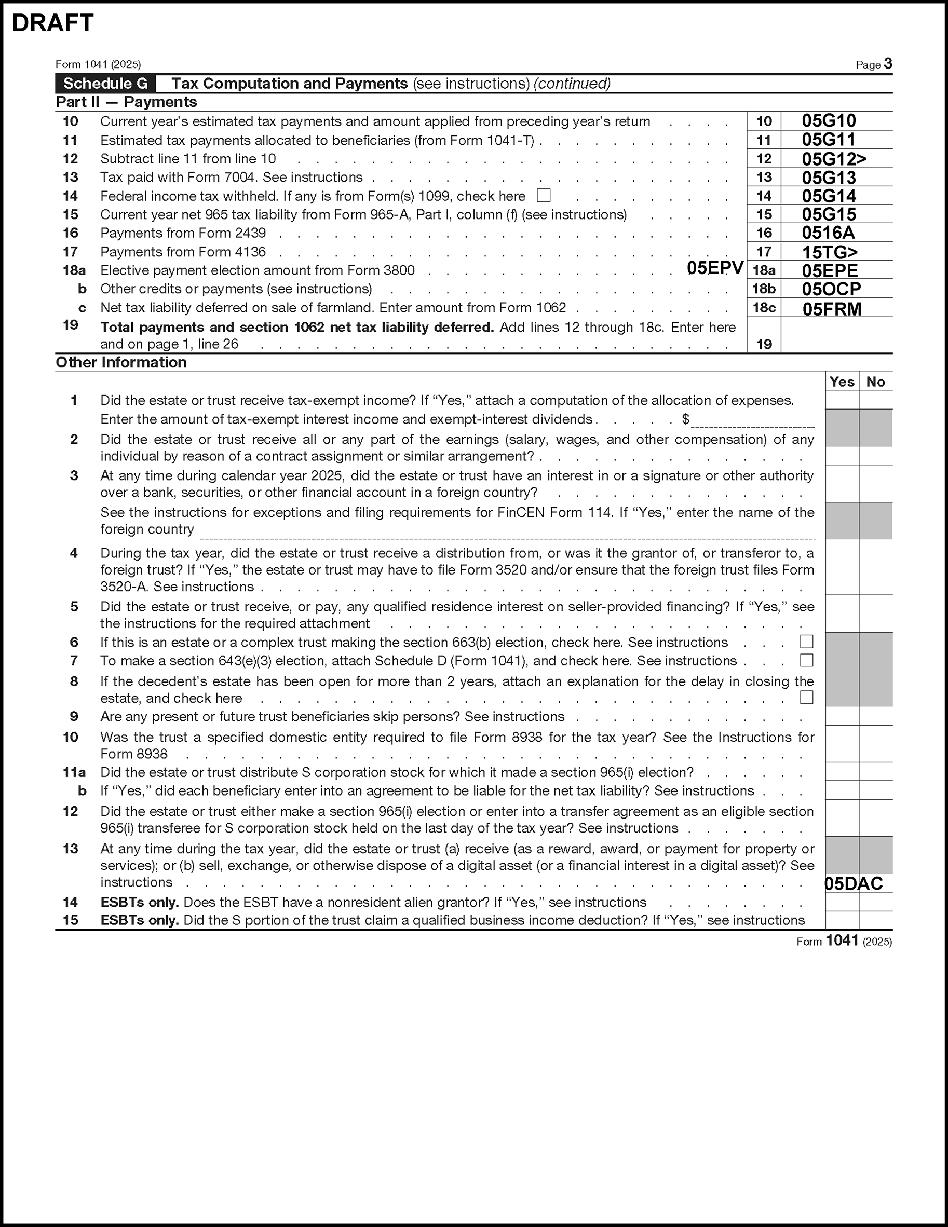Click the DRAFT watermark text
(x=52, y=23)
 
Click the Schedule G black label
(x=105, y=84)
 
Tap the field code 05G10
(x=829, y=121)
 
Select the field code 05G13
(x=829, y=178)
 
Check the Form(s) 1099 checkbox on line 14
(x=544, y=196)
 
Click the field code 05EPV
(x=715, y=268)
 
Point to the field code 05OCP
(x=831, y=289)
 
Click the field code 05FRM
(x=832, y=309)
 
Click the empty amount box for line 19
(x=836, y=335)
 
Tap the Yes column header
(x=842, y=382)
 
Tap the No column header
(x=875, y=382)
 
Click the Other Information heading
(x=121, y=362)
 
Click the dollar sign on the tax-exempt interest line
(x=686, y=419)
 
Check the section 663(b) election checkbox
(x=806, y=642)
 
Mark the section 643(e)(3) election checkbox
(x=806, y=660)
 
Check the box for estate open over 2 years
(x=806, y=697)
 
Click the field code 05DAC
(x=853, y=884)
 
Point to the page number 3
(x=888, y=63)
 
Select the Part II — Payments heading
(x=127, y=102)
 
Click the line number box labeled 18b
(x=764, y=289)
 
